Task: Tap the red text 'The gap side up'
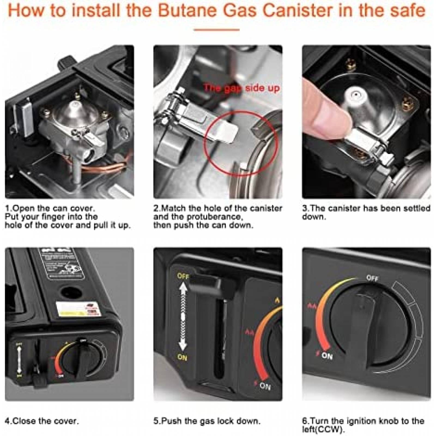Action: coord(242,88)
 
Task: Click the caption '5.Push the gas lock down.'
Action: coord(207,421)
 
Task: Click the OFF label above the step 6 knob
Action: coord(372,278)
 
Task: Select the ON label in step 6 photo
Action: coord(327,356)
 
